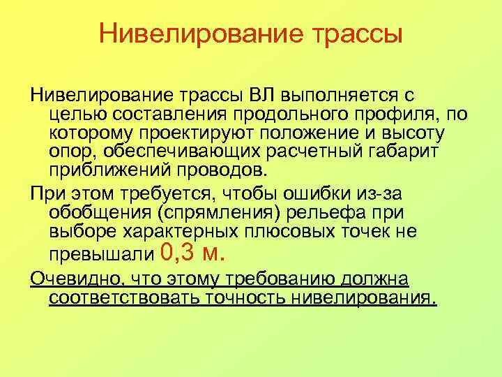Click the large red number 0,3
(x=179, y=253)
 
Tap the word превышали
(x=100, y=254)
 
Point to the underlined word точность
(x=246, y=300)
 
